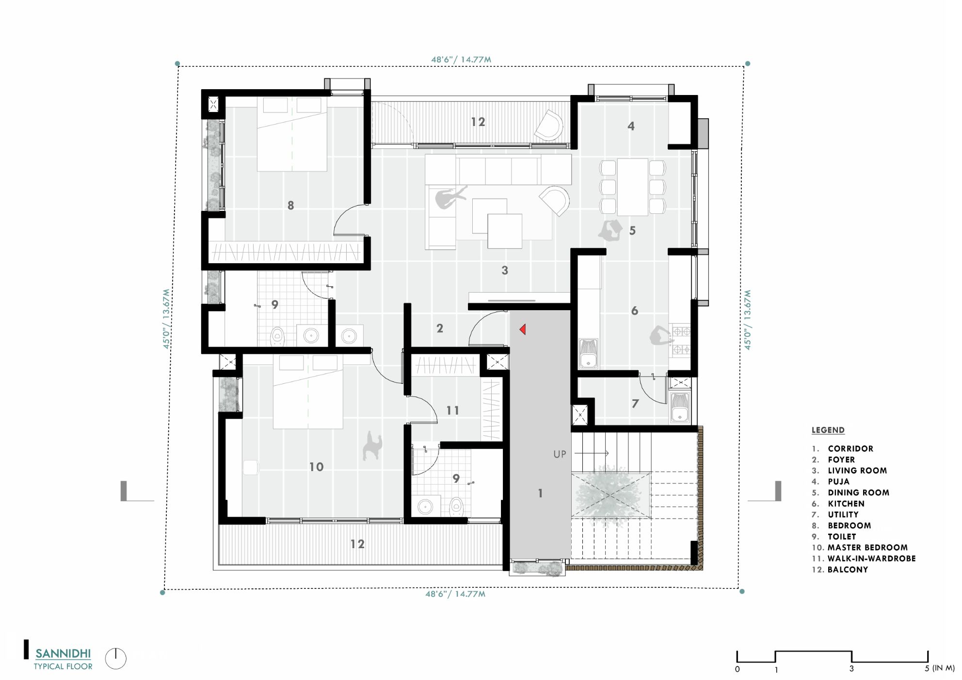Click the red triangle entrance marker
523,330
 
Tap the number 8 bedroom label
290,206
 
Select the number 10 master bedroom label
316,467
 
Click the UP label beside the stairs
560,454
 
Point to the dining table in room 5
632,187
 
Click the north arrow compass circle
115,659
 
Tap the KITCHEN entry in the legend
846,504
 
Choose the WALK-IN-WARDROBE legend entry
871,558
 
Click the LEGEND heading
828,430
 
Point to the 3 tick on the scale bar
851,668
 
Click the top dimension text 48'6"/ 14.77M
461,60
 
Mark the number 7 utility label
635,403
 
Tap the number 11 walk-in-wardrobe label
452,411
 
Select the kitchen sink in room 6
588,354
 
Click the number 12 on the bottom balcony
357,544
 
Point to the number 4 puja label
631,126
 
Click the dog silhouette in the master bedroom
372,446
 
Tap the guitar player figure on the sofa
449,197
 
